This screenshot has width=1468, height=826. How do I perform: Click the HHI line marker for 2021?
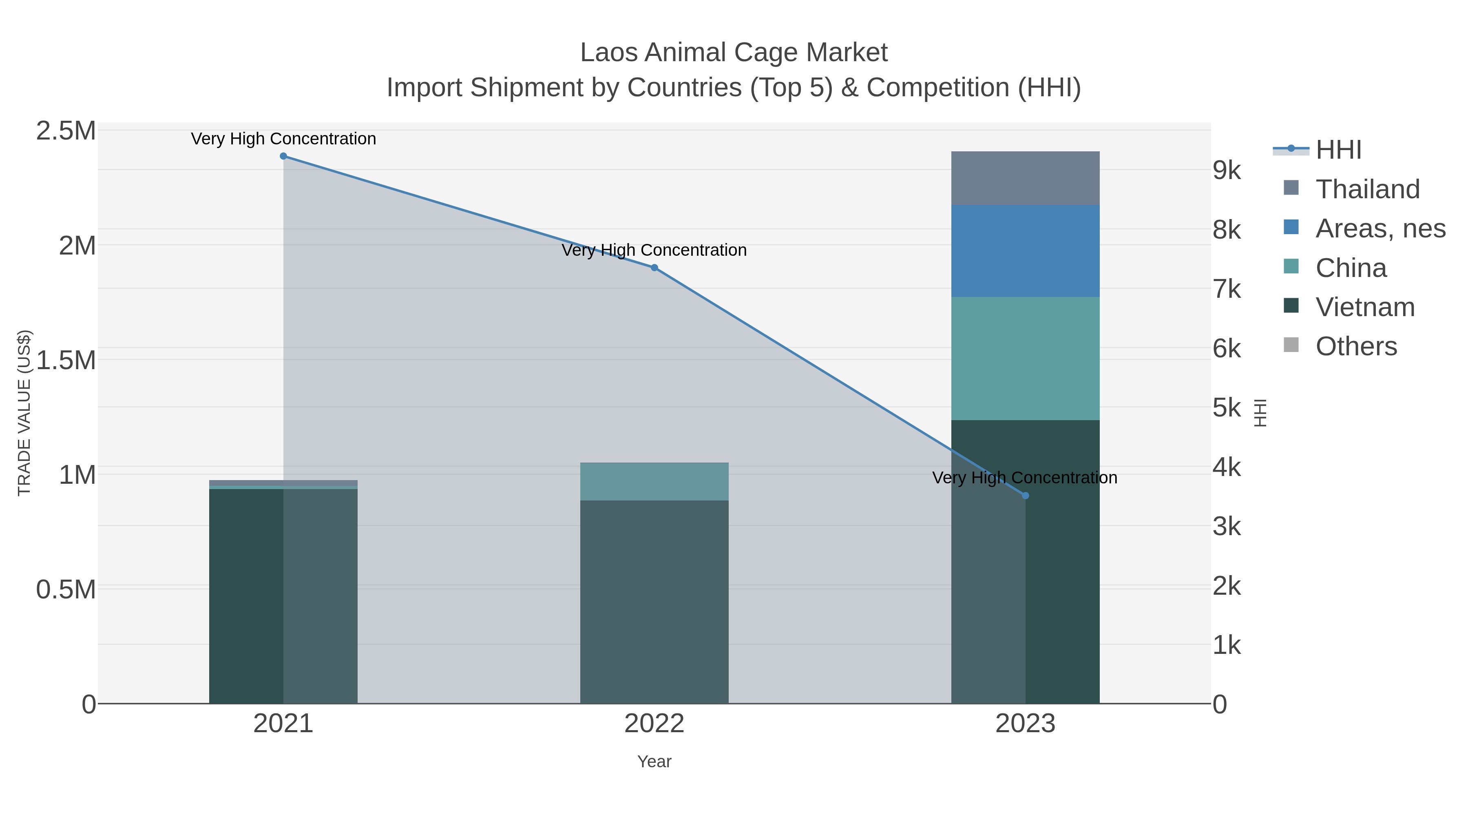tap(283, 156)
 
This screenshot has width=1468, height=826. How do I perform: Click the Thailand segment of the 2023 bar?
tap(1025, 178)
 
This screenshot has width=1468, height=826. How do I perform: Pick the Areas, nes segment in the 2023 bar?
tap(1025, 251)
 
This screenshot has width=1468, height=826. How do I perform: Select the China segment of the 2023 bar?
tap(1025, 359)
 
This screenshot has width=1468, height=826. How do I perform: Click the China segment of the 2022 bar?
tap(654, 482)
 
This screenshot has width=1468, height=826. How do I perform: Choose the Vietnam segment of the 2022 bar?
tap(654, 601)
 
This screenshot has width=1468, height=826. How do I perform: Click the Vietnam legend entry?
tap(1364, 307)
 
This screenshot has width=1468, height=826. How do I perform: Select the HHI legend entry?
tap(1338, 150)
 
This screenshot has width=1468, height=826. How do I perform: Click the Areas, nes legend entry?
tap(1380, 228)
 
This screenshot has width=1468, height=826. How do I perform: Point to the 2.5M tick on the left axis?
tap(66, 131)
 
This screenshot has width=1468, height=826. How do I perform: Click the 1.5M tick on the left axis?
tap(66, 360)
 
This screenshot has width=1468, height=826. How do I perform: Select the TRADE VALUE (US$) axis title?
tap(24, 413)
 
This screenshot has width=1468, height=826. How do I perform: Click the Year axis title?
tap(654, 762)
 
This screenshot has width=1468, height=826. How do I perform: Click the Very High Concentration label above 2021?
tap(283, 139)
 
